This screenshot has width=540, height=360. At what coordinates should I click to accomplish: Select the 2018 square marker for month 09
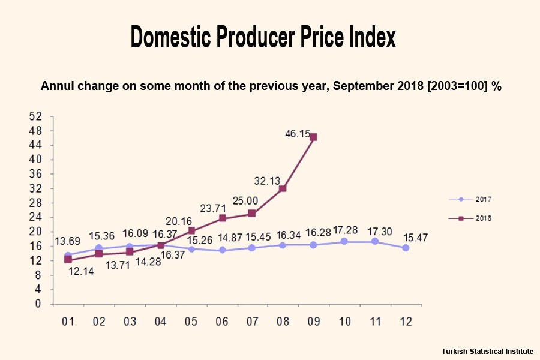(x=313, y=137)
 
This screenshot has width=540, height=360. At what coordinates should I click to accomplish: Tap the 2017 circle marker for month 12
(x=406, y=248)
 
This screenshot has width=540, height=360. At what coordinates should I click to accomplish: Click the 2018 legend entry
(x=472, y=218)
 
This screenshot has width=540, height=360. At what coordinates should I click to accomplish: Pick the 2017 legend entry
(x=472, y=199)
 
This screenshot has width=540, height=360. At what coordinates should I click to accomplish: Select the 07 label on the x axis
(x=253, y=322)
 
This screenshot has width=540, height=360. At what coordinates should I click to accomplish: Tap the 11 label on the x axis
(x=375, y=322)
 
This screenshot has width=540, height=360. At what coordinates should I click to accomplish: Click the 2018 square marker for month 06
(x=222, y=218)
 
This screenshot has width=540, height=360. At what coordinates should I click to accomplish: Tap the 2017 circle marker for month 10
(x=344, y=241)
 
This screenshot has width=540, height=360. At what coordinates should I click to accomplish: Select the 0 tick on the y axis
(x=39, y=304)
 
